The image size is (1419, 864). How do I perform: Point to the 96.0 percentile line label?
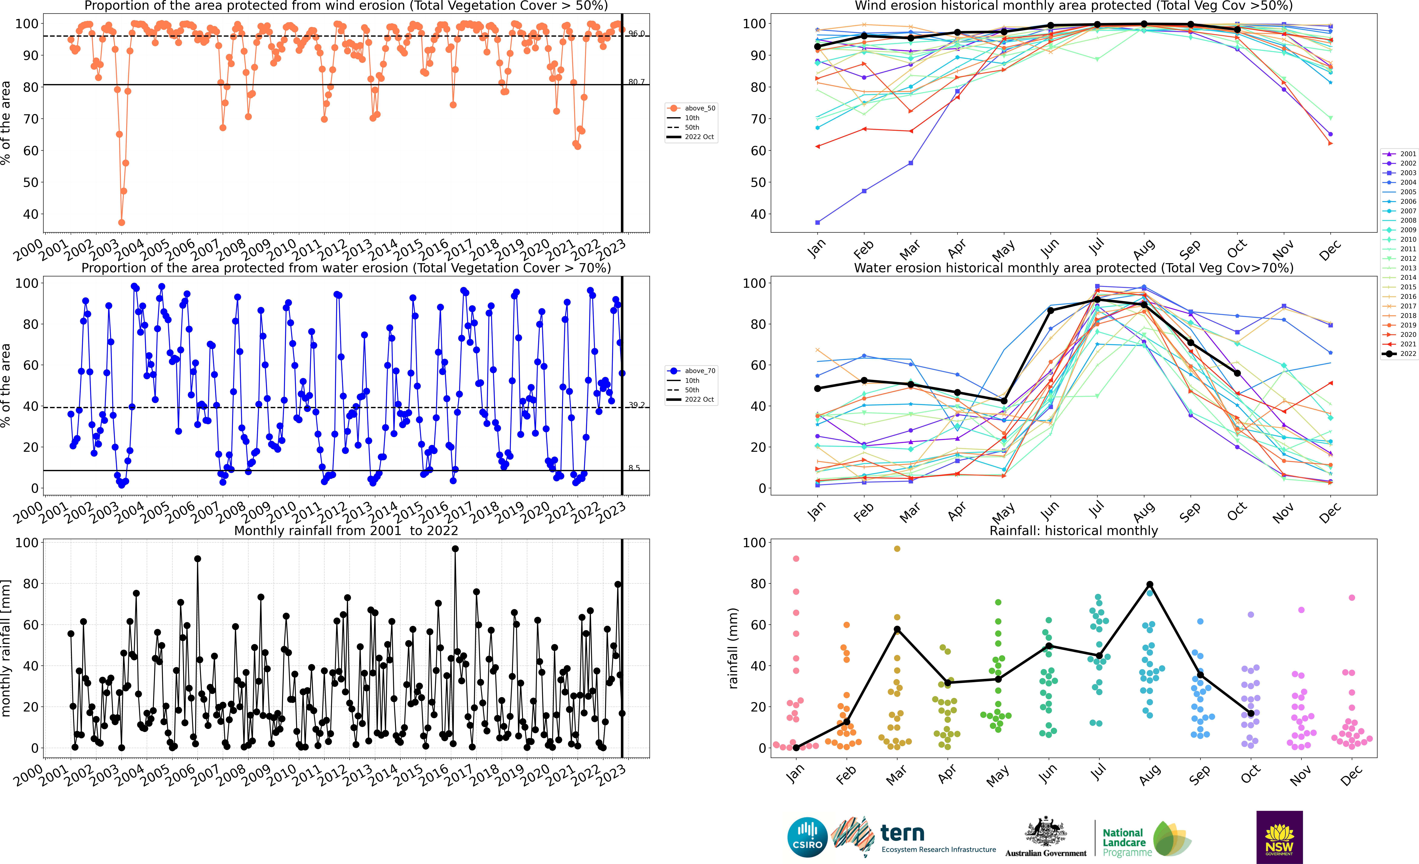coord(636,33)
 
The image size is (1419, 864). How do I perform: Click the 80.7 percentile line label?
coord(636,82)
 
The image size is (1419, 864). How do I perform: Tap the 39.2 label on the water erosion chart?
coord(636,405)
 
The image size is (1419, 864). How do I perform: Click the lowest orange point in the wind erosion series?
coord(122,222)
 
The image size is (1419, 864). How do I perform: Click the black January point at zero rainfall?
coord(796,748)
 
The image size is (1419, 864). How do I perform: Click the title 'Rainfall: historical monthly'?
coord(1074,531)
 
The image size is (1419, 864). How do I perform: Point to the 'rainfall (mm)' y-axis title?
coord(733,648)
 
